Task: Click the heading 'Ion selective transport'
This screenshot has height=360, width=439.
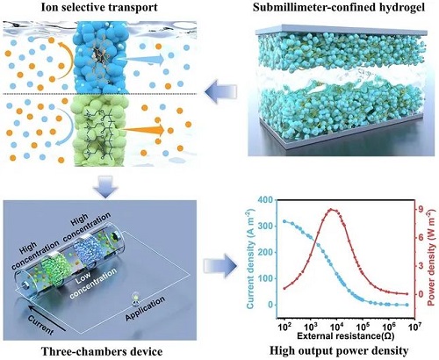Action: point(99,7)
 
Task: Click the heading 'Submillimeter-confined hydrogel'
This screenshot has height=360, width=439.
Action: point(339,7)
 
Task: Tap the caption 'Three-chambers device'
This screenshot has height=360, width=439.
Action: point(102,351)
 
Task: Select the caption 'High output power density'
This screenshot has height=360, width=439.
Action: point(339,350)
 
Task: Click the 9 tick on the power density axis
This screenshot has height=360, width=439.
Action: point(421,210)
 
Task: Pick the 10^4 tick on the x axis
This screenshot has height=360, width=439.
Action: point(336,327)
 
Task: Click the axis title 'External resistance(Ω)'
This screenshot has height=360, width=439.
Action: point(346,335)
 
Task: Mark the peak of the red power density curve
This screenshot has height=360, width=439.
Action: point(331,210)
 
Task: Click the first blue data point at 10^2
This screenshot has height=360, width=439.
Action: point(284,221)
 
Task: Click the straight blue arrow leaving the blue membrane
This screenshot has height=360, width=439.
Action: point(143,60)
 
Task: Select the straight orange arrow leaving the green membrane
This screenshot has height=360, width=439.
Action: point(143,130)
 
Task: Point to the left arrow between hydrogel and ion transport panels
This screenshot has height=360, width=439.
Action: point(220,91)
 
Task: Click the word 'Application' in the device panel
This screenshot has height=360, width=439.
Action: point(145,309)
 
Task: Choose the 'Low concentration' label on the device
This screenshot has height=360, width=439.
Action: point(93,284)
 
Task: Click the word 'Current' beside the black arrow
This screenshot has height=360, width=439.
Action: point(40,325)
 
